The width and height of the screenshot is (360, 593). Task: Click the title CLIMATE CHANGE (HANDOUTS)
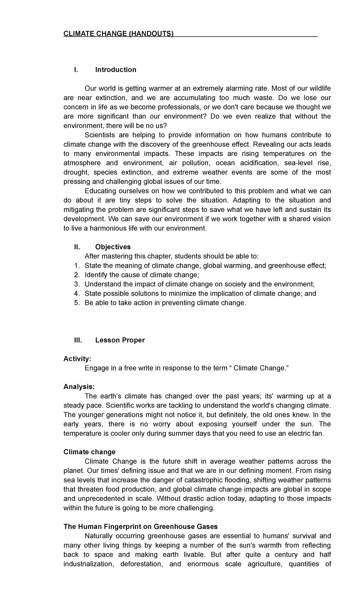click(x=118, y=34)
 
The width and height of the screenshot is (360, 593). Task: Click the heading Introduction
click(x=115, y=70)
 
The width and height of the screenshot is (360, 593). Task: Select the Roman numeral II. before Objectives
click(x=77, y=247)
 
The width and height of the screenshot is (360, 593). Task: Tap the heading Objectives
click(x=113, y=247)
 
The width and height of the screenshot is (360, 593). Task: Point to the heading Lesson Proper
click(x=120, y=340)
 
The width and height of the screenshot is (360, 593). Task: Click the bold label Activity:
click(x=77, y=359)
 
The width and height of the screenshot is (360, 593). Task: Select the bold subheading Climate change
click(x=89, y=452)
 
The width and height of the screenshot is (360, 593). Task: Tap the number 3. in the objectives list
click(x=77, y=284)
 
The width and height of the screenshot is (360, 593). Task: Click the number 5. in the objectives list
click(x=77, y=303)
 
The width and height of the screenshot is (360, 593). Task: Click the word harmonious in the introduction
click(x=112, y=228)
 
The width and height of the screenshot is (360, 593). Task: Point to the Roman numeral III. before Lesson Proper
click(x=78, y=340)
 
